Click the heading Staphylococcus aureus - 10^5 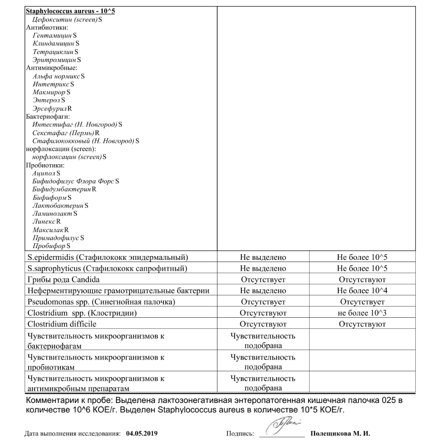coord(70,11)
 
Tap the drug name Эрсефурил coord(50,108)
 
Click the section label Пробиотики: coord(45,165)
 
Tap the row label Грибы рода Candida coord(63,280)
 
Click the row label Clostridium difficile coord(62,324)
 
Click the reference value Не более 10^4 coord(362,291)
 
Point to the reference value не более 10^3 coord(362,313)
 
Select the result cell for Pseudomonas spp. coord(263,302)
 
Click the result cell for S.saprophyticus coord(263,269)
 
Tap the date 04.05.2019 coord(142,433)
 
